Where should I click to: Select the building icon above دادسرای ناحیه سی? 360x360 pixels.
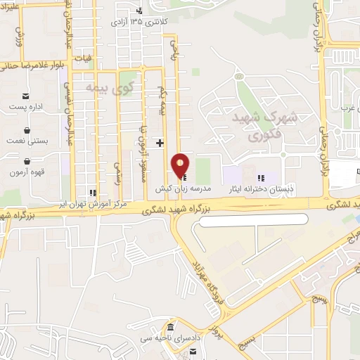170,329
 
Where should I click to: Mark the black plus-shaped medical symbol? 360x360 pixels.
160,143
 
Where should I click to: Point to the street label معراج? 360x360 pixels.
345,246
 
